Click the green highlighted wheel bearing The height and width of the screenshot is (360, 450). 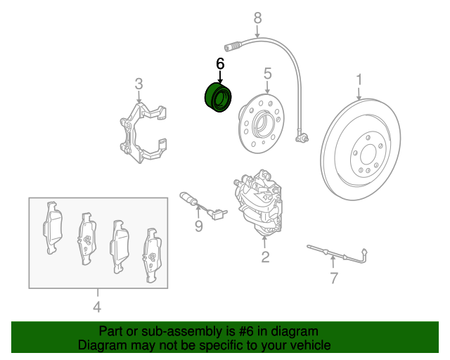(x=218, y=98)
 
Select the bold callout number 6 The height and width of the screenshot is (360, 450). (x=220, y=64)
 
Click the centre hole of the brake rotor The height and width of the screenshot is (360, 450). (x=368, y=155)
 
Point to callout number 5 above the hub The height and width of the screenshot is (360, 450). (x=267, y=74)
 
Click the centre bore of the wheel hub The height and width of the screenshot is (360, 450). (x=262, y=124)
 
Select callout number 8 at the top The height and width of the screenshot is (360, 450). (x=258, y=18)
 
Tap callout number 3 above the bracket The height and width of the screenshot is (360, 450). (x=139, y=84)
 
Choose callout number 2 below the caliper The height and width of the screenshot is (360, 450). (x=265, y=257)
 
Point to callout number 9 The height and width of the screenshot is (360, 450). (x=198, y=226)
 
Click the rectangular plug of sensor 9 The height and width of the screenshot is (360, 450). (x=217, y=214)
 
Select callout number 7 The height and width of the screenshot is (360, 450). (x=333, y=278)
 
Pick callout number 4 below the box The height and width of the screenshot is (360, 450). (x=97, y=307)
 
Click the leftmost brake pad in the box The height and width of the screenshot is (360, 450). (x=53, y=228)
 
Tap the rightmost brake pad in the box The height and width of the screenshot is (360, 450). (x=153, y=255)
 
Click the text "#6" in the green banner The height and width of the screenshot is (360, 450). (x=246, y=331)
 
